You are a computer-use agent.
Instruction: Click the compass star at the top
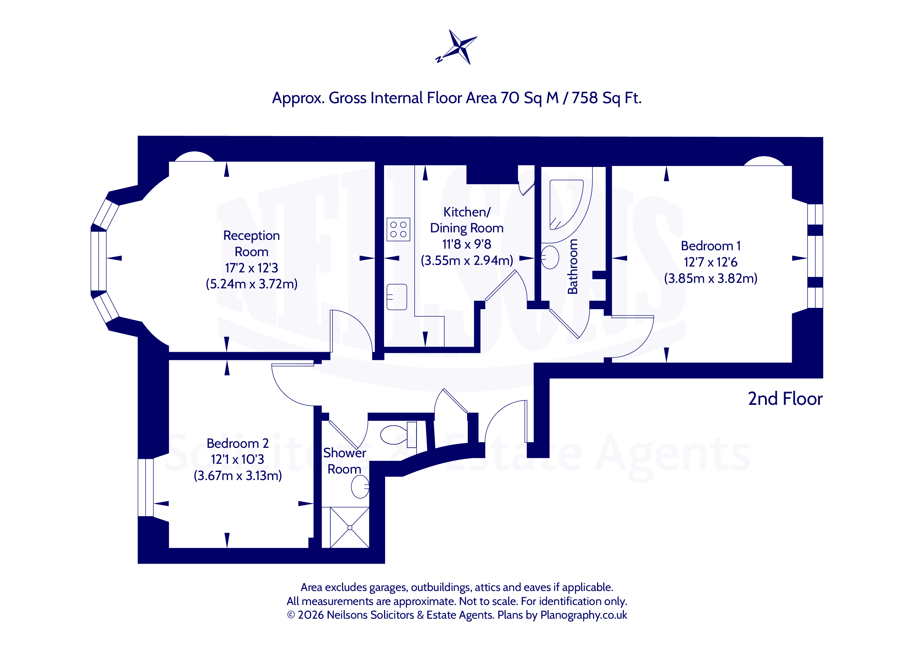click(460, 47)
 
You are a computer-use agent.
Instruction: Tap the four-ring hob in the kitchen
click(398, 229)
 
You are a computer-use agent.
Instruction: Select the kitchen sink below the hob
click(396, 297)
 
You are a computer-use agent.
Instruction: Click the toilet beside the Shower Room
click(398, 435)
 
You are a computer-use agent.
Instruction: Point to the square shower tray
click(350, 528)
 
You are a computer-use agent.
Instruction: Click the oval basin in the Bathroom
click(550, 257)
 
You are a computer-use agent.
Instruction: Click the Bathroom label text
click(572, 267)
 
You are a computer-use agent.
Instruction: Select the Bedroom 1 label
click(710, 246)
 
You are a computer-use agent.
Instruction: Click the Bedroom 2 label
click(238, 443)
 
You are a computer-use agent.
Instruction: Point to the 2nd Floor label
click(785, 399)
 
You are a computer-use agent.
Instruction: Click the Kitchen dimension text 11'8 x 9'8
click(466, 244)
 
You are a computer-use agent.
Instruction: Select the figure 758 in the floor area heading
click(584, 98)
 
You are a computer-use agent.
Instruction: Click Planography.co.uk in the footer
click(584, 615)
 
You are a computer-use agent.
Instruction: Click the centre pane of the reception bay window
click(98, 261)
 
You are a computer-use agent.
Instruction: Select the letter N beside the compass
click(439, 59)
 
